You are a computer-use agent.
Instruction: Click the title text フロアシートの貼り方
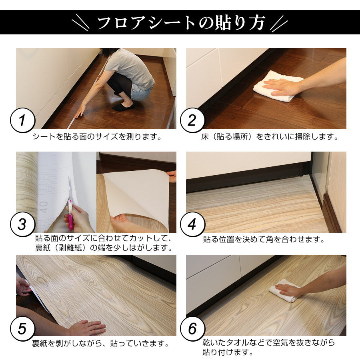[x=181, y=23]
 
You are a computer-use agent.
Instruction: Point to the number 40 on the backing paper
[x=44, y=207]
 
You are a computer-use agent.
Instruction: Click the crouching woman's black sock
[x=123, y=107]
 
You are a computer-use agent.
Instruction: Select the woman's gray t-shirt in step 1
[x=130, y=68]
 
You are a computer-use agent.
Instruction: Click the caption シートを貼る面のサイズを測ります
[x=98, y=137]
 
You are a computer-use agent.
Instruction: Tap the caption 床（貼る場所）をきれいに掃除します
[x=270, y=137]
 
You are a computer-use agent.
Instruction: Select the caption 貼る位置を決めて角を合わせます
[x=263, y=240]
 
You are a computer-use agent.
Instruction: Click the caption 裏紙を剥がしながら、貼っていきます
[x=100, y=344]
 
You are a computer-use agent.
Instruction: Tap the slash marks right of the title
[x=279, y=23]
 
